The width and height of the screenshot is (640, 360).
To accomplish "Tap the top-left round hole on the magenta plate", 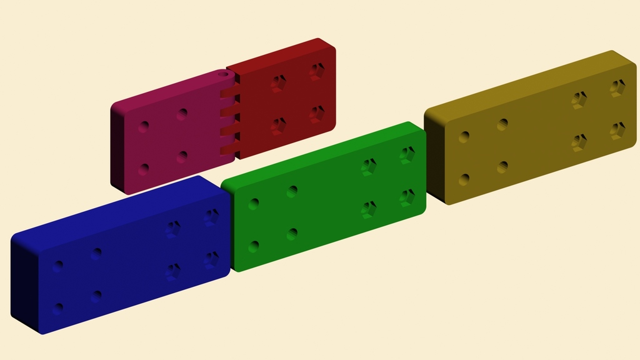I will (144, 127).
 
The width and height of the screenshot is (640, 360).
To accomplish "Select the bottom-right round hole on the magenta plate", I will (182, 157).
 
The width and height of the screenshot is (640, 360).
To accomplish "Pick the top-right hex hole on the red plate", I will (317, 71).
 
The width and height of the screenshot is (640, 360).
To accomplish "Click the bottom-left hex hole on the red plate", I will (279, 126).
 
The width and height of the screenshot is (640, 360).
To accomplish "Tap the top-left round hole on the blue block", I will (57, 266).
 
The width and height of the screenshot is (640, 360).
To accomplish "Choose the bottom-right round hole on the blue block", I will (96, 296).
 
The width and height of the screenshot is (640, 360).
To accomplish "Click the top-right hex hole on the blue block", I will (211, 217).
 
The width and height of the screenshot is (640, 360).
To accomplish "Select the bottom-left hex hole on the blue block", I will (173, 272).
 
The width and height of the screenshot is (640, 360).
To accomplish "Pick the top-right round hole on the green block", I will (292, 191).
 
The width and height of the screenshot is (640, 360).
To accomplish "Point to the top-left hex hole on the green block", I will (368, 167).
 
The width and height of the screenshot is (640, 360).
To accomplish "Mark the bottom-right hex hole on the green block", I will (407, 197).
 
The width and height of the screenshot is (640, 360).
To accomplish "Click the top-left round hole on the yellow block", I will (464, 137).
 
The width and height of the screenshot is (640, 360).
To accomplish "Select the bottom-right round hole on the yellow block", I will (502, 167).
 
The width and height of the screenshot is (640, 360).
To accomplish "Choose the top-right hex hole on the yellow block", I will (617, 87).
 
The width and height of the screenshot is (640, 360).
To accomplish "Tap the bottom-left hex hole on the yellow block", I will (579, 142).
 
